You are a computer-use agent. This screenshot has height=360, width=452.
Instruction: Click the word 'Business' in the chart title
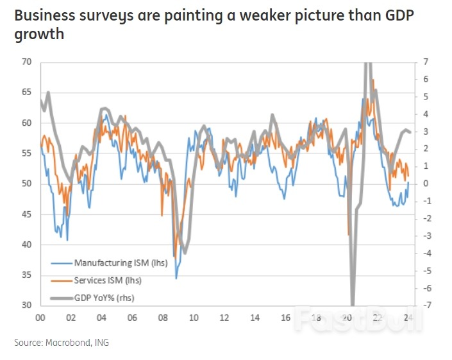(x=43, y=15)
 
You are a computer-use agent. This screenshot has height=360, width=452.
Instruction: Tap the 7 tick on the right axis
(x=426, y=62)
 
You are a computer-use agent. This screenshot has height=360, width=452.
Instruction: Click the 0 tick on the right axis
(x=426, y=184)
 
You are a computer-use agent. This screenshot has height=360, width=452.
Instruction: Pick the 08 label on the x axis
(x=163, y=318)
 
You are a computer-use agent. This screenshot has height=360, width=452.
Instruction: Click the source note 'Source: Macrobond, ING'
(x=62, y=343)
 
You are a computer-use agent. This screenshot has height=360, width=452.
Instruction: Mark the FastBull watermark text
(x=359, y=319)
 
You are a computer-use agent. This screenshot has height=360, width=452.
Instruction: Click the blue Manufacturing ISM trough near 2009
(x=176, y=278)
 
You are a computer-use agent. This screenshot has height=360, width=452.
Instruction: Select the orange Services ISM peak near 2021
(x=373, y=80)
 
